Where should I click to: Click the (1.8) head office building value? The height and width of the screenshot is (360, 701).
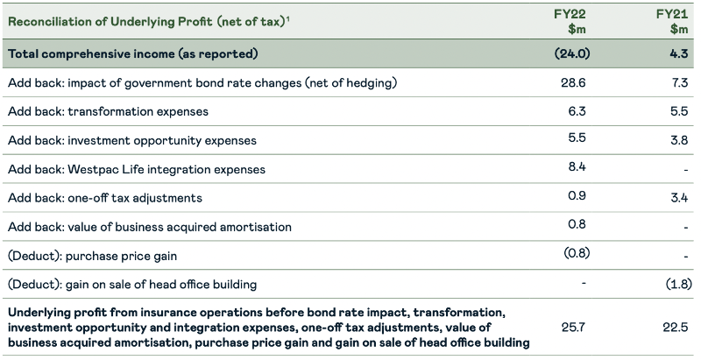tap(676, 284)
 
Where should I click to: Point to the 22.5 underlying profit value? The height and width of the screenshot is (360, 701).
tap(677, 328)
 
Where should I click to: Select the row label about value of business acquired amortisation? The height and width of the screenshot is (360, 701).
tap(149, 227)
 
